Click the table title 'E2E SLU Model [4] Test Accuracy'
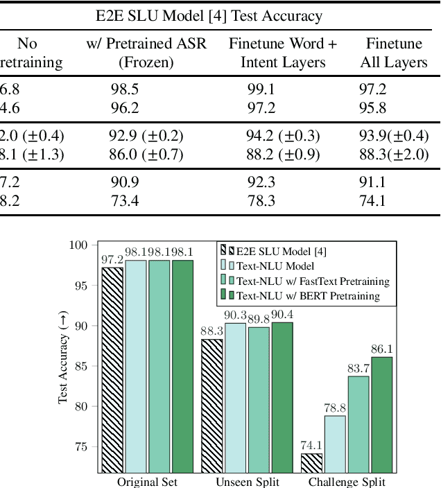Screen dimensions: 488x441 point(220,15)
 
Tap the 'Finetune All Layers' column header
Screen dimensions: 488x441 point(394,53)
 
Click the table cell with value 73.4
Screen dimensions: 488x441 point(124,201)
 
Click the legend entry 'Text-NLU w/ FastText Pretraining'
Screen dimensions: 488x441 point(313,281)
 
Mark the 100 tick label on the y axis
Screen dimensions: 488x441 point(77,245)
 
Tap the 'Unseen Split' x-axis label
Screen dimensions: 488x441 point(248,482)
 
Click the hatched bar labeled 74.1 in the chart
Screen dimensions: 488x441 point(312,463)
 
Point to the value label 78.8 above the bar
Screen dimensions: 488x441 point(336,408)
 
